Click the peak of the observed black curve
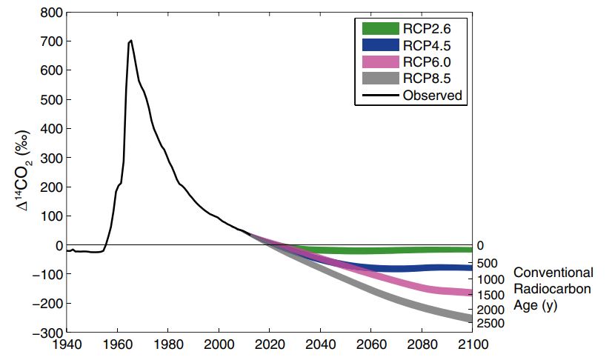(131, 41)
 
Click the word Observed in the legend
(432, 95)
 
